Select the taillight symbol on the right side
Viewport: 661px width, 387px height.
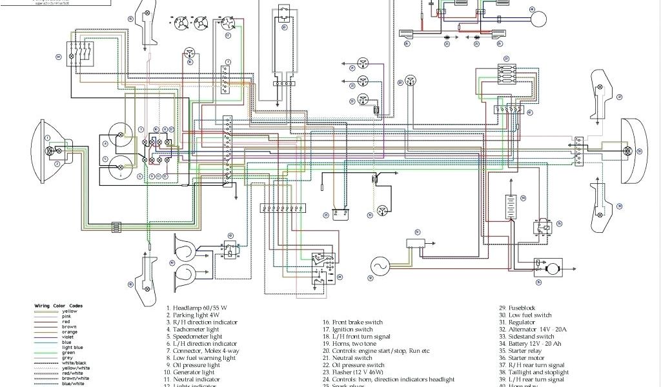point(625,150)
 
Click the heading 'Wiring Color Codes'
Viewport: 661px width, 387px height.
point(59,306)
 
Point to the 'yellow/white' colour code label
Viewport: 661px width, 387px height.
point(74,368)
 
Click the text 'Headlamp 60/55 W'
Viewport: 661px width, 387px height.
point(200,308)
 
